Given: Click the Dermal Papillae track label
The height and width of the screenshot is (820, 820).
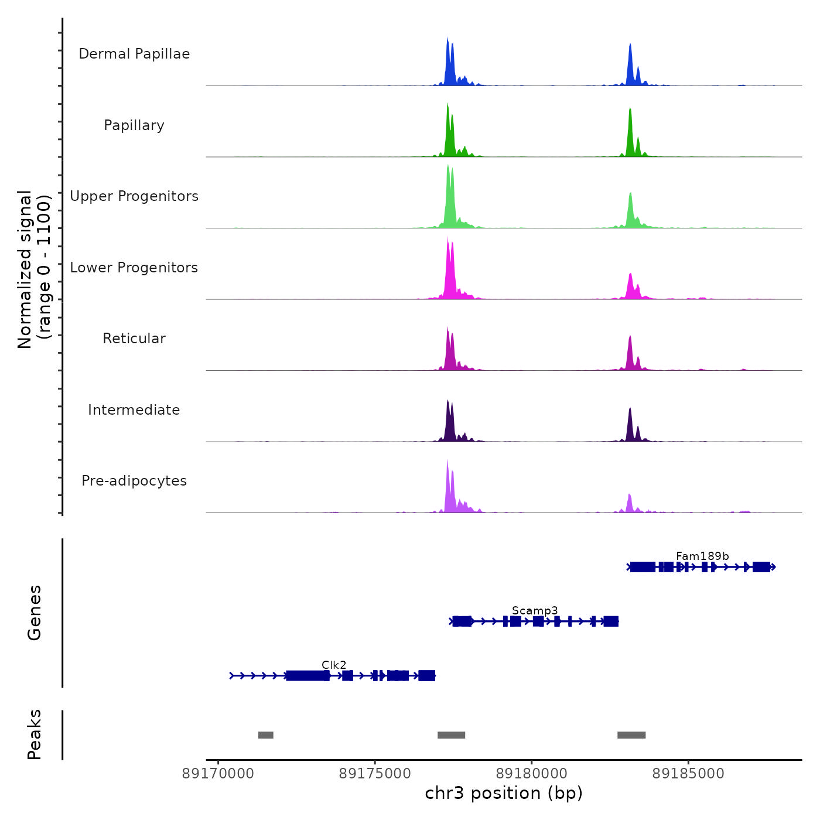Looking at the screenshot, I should (x=134, y=54).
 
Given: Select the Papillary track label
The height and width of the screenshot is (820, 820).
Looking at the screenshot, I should (x=134, y=125).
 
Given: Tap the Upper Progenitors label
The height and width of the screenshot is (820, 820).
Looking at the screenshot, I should (x=134, y=196).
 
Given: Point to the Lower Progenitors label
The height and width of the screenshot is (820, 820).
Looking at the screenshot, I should (x=134, y=268).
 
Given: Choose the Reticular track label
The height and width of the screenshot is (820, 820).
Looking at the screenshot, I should (x=134, y=339).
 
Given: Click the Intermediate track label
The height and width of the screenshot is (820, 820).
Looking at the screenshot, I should (x=134, y=410).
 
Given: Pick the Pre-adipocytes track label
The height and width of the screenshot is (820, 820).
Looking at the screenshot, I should (x=134, y=481).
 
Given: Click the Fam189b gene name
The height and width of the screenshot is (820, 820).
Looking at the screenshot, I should (x=702, y=556).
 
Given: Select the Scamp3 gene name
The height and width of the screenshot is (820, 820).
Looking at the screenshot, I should (x=535, y=610).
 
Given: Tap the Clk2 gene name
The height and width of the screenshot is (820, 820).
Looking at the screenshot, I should (x=334, y=665).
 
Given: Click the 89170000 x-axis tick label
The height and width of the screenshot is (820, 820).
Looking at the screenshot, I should (x=218, y=774).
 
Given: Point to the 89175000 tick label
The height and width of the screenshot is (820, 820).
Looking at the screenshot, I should (x=375, y=774).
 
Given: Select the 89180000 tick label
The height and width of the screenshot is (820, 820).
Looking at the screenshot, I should (x=532, y=774).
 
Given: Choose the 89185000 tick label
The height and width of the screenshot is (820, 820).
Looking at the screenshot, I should (x=688, y=774).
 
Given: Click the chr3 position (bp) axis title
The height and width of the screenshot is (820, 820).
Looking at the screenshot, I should (x=504, y=793).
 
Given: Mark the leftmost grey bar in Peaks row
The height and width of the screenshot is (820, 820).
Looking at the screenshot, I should (x=266, y=735).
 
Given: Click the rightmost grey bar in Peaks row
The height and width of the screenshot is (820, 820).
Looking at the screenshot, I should (x=631, y=735).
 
